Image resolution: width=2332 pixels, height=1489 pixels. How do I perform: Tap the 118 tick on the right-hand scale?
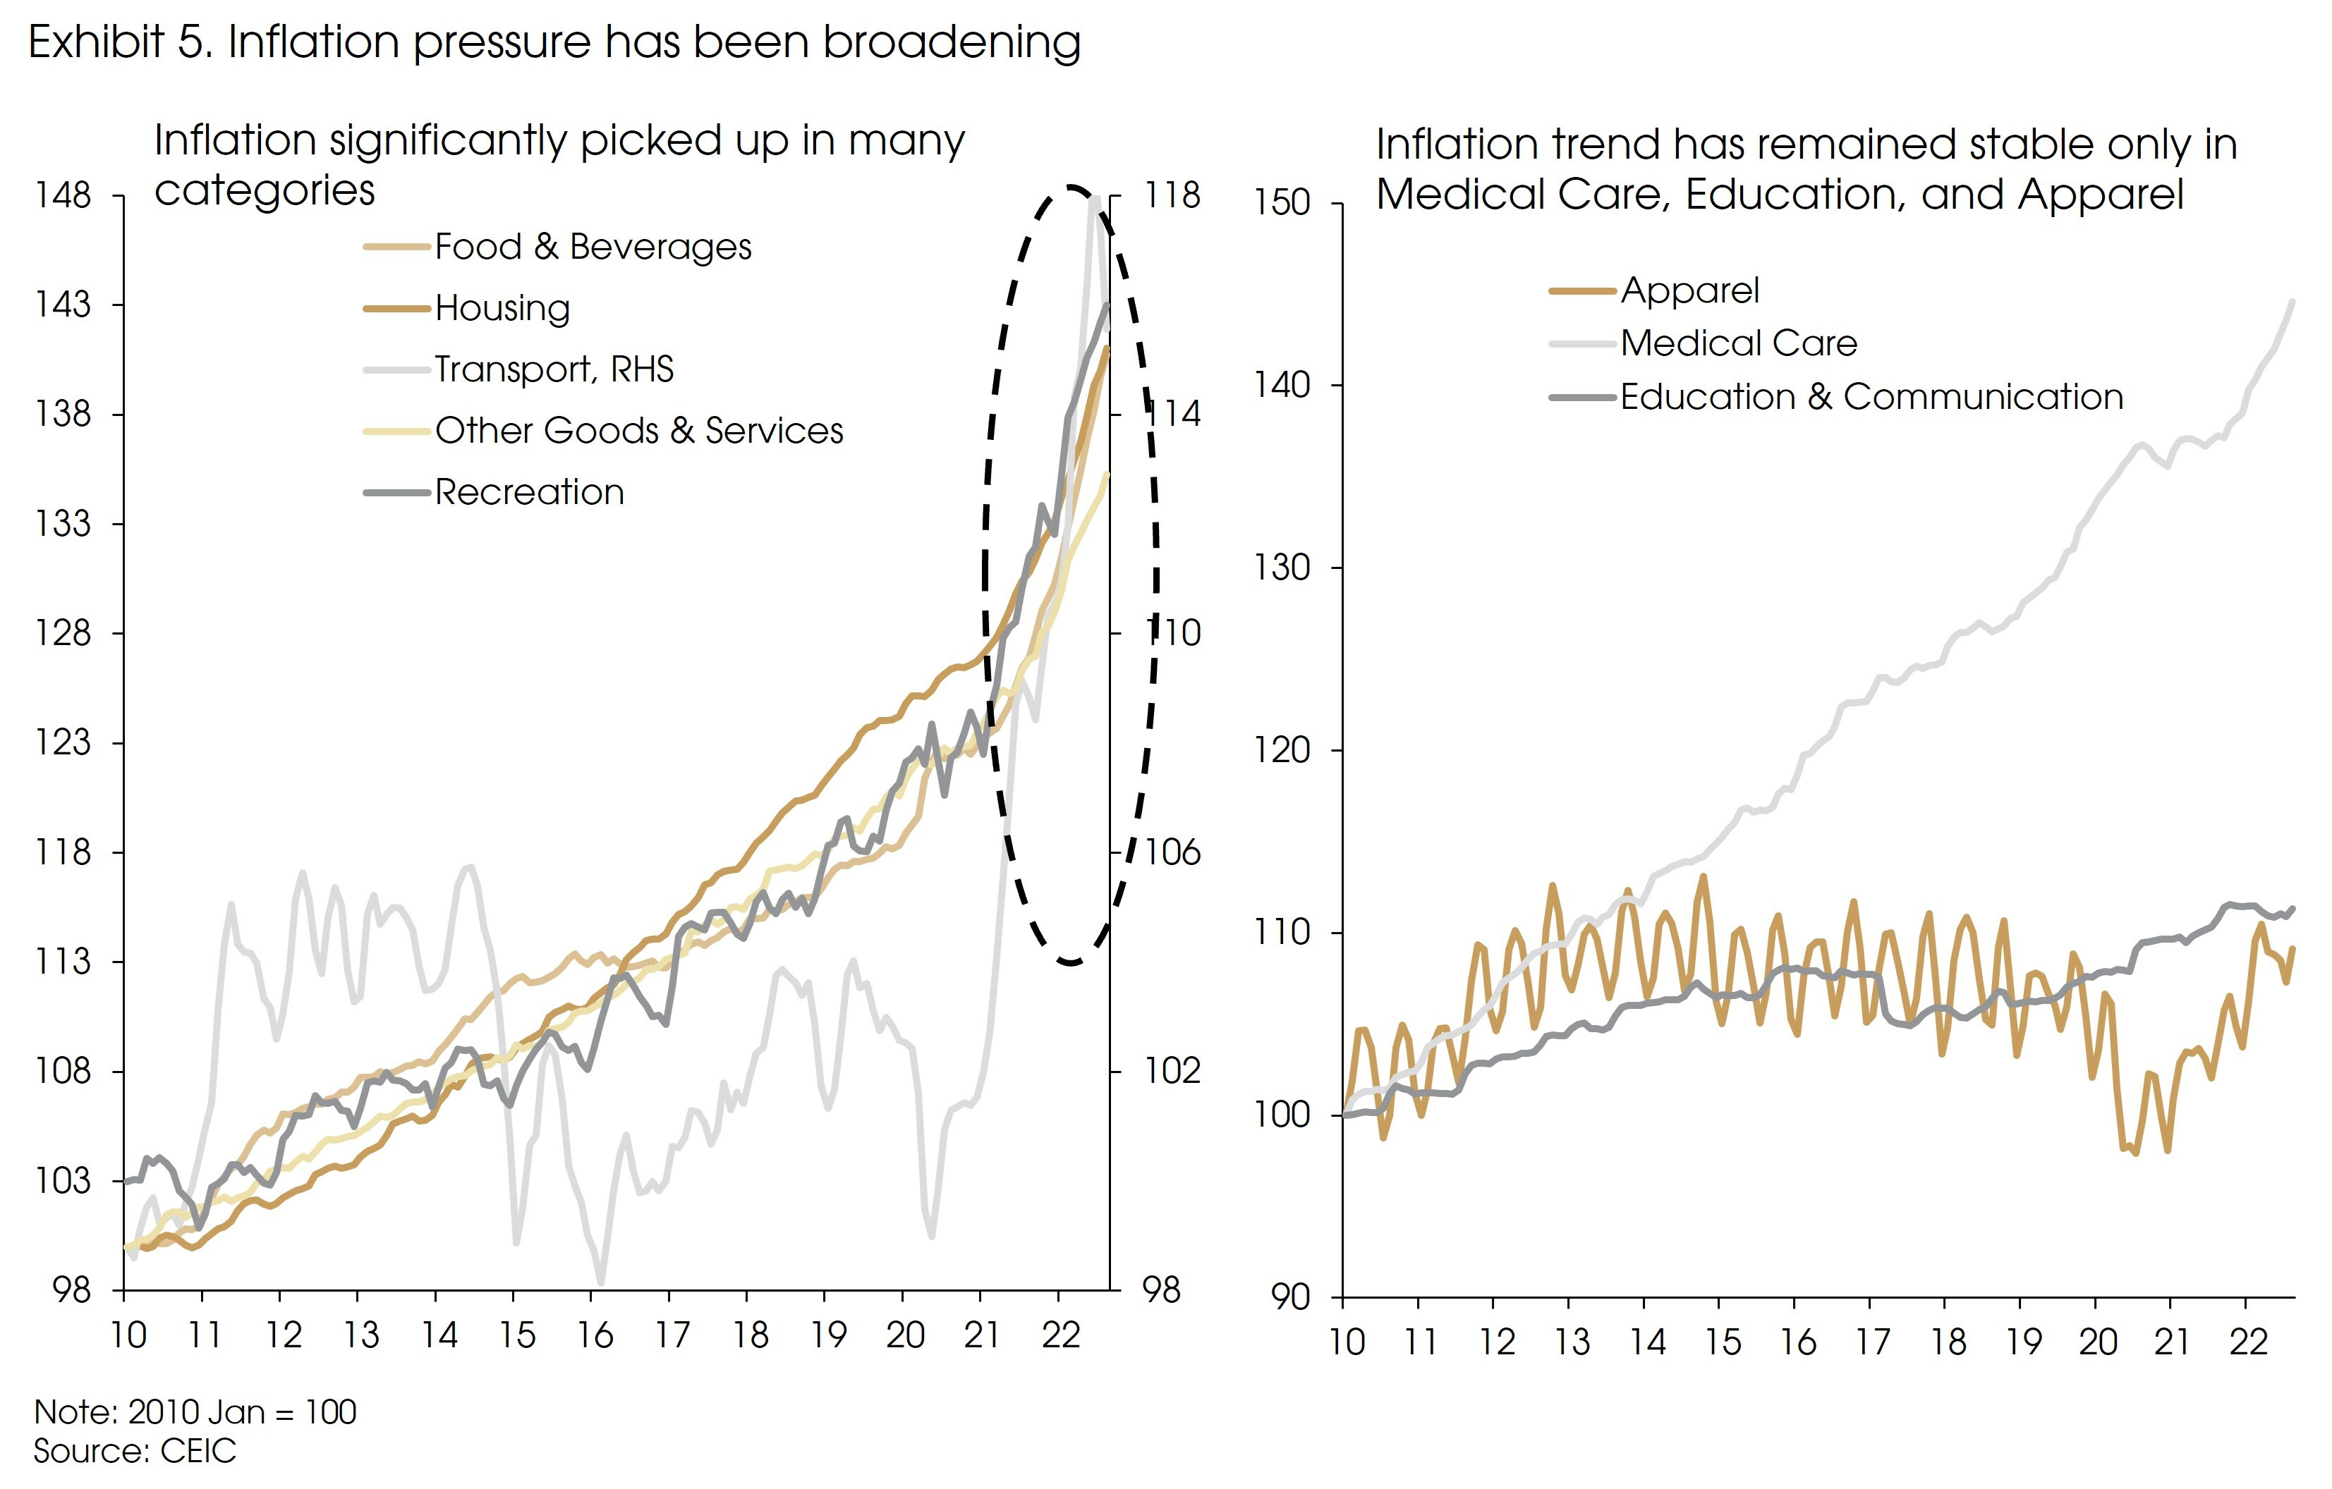pos(1172,195)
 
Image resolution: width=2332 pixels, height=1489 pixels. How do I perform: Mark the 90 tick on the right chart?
pos(1290,1297)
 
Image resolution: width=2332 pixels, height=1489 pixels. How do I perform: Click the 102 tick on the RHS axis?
pos(1172,1071)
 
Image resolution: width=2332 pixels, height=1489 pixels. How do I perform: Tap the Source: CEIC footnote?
pos(135,1451)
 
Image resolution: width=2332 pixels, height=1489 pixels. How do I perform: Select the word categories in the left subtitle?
pos(265,191)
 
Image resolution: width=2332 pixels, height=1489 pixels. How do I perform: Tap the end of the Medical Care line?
pos(2291,302)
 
